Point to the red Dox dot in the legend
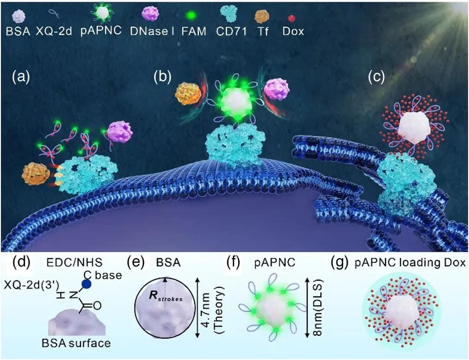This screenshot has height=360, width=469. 291,18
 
